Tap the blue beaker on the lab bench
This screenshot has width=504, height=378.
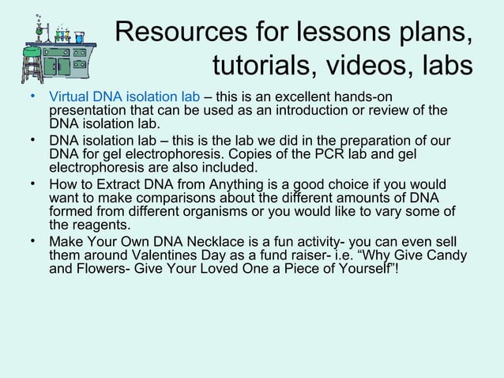pyautogui.click(x=79, y=36)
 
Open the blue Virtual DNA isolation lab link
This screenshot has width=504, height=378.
pyautogui.click(x=125, y=97)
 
